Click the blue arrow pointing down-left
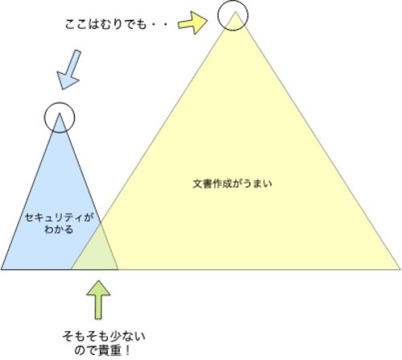tap(69, 69)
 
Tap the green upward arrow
tap(98, 300)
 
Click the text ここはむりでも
tap(105, 25)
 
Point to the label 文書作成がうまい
tap(232, 184)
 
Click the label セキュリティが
tap(59, 218)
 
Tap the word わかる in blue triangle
tap(59, 230)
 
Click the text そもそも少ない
tap(104, 336)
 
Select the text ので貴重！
tap(102, 350)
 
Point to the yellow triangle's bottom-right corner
tap(400, 269)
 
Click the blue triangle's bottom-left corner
tap(1, 269)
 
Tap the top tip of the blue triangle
tap(59, 113)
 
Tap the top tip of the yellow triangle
tap(236, 11)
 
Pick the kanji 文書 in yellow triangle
tap(203, 184)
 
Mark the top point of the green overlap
tap(100, 223)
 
